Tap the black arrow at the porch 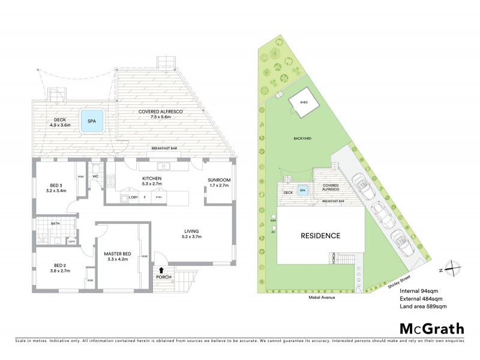click(161, 270)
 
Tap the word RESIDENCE click(320, 236)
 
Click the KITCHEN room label click(152, 179)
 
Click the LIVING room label click(191, 231)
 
